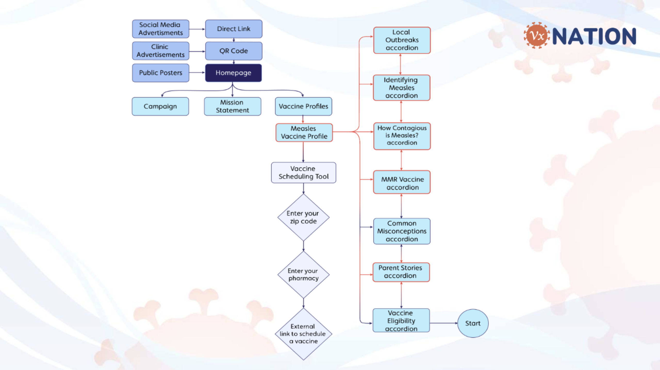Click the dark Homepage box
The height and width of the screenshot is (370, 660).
point(233,73)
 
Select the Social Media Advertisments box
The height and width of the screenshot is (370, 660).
point(160,29)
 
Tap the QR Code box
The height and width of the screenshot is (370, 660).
point(234,51)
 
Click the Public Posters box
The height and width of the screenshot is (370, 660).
point(160,73)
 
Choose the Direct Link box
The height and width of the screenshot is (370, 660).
point(234,29)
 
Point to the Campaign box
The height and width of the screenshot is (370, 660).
point(160,106)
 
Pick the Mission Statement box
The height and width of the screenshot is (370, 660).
point(232,106)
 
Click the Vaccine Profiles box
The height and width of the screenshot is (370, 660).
point(303,106)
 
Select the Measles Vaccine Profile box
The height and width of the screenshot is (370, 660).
point(304,133)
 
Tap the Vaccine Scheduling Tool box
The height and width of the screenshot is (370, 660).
point(303,173)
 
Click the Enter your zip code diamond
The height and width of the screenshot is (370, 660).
point(303,217)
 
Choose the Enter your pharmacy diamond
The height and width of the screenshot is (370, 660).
point(303,274)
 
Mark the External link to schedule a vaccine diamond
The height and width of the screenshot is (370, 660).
point(303,334)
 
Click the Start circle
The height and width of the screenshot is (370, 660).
point(473,323)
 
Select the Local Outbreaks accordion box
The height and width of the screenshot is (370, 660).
point(402,40)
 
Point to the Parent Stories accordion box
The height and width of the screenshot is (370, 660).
point(401,272)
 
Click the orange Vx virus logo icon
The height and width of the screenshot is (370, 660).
point(537,36)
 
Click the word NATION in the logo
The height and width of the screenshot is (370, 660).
point(594,37)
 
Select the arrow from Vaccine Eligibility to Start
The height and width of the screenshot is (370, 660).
point(443,323)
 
